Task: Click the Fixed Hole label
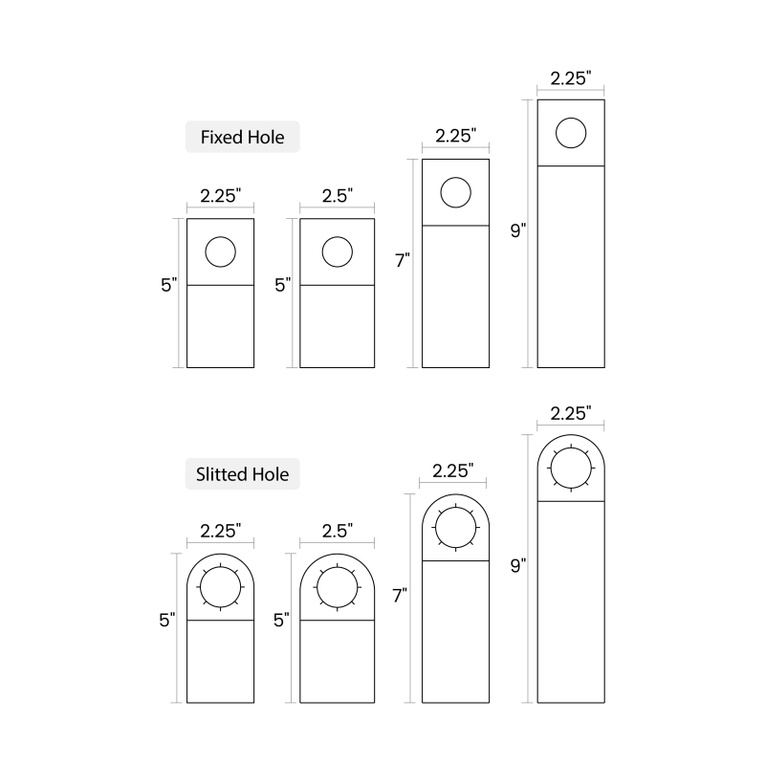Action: pyautogui.click(x=243, y=137)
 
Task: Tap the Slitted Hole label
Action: pyautogui.click(x=243, y=474)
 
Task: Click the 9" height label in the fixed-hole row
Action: pyautogui.click(x=518, y=230)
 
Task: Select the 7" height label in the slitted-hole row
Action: pyautogui.click(x=400, y=596)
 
